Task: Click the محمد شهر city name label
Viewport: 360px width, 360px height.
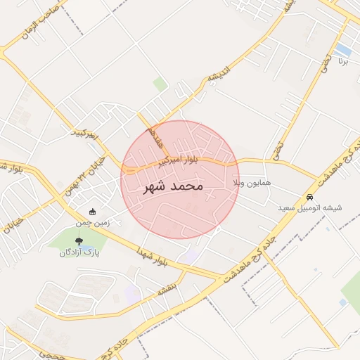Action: click(x=173, y=187)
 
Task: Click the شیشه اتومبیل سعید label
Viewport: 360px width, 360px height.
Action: click(x=310, y=208)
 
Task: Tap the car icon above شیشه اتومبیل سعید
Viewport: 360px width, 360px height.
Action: click(x=310, y=198)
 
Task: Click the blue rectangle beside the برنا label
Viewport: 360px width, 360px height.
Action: click(x=343, y=50)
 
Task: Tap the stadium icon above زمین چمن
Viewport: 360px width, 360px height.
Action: click(x=93, y=212)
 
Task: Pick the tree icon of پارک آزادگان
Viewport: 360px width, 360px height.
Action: click(x=78, y=241)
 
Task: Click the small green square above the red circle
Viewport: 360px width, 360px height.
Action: click(x=160, y=85)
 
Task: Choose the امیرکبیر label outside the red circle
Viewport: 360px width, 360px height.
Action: click(x=87, y=133)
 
